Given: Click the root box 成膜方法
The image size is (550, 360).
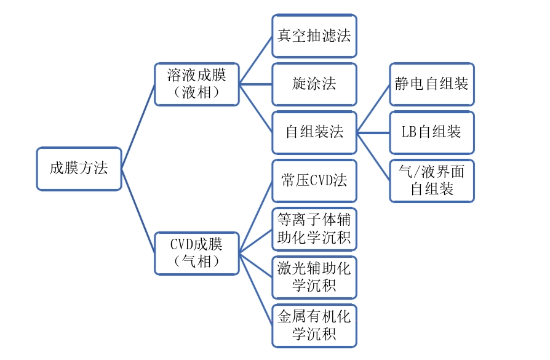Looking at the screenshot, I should tap(79, 169).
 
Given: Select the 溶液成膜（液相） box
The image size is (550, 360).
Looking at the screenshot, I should tap(196, 84).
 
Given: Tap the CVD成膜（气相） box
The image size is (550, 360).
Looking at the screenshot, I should tap(196, 252).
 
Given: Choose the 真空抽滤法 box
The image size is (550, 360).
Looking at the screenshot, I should tap(314, 36).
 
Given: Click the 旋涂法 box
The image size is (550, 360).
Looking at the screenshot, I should tap(314, 84).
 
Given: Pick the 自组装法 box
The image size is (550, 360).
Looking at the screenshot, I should tap(314, 132).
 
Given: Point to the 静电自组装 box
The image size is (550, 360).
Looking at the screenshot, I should tap(432, 84).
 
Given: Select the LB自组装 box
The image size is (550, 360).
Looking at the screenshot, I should tap(432, 132).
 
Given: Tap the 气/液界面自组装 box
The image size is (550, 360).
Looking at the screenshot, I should tap(432, 180).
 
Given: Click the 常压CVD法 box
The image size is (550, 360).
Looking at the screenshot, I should tap(314, 180).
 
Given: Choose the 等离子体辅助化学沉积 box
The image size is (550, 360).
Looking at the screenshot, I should tap(314, 229).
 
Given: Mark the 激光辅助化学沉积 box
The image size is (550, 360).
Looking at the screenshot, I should tap(314, 277).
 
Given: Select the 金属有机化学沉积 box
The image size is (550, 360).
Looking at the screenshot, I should tap(314, 326).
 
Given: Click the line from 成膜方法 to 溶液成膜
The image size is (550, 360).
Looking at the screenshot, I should tap(138, 126).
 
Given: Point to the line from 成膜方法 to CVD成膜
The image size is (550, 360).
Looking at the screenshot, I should tap(138, 210).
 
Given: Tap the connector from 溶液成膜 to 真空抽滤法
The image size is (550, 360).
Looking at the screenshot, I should tap(255, 60).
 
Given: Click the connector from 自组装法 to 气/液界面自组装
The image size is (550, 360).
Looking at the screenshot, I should tap(373, 156).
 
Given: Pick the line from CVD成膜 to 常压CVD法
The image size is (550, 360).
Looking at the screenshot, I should tap(255, 217).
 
